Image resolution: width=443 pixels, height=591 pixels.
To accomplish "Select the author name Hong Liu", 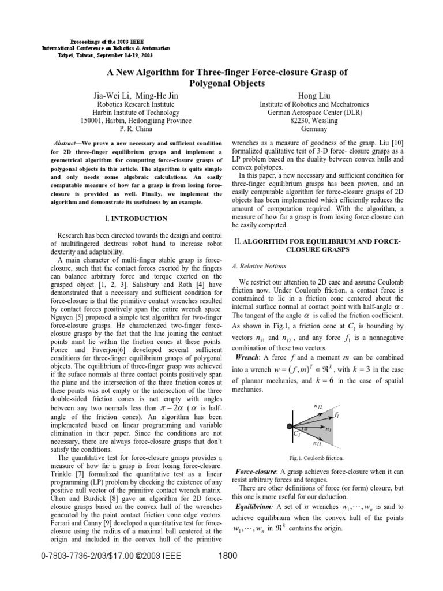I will tap(314, 95).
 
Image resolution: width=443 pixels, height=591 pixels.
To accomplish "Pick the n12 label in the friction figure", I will tap(318, 406).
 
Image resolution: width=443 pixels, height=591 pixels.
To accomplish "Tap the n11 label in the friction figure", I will tap(318, 443).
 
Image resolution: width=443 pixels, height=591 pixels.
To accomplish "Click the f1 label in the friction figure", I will tap(336, 415).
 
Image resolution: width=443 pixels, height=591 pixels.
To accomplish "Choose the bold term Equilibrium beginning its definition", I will tap(253, 506).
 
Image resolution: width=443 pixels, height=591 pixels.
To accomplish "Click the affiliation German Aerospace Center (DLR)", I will tap(314, 113).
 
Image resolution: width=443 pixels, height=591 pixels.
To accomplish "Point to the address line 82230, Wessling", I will tap(314, 121).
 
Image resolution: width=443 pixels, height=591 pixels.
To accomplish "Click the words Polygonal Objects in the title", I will tap(221, 83).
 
